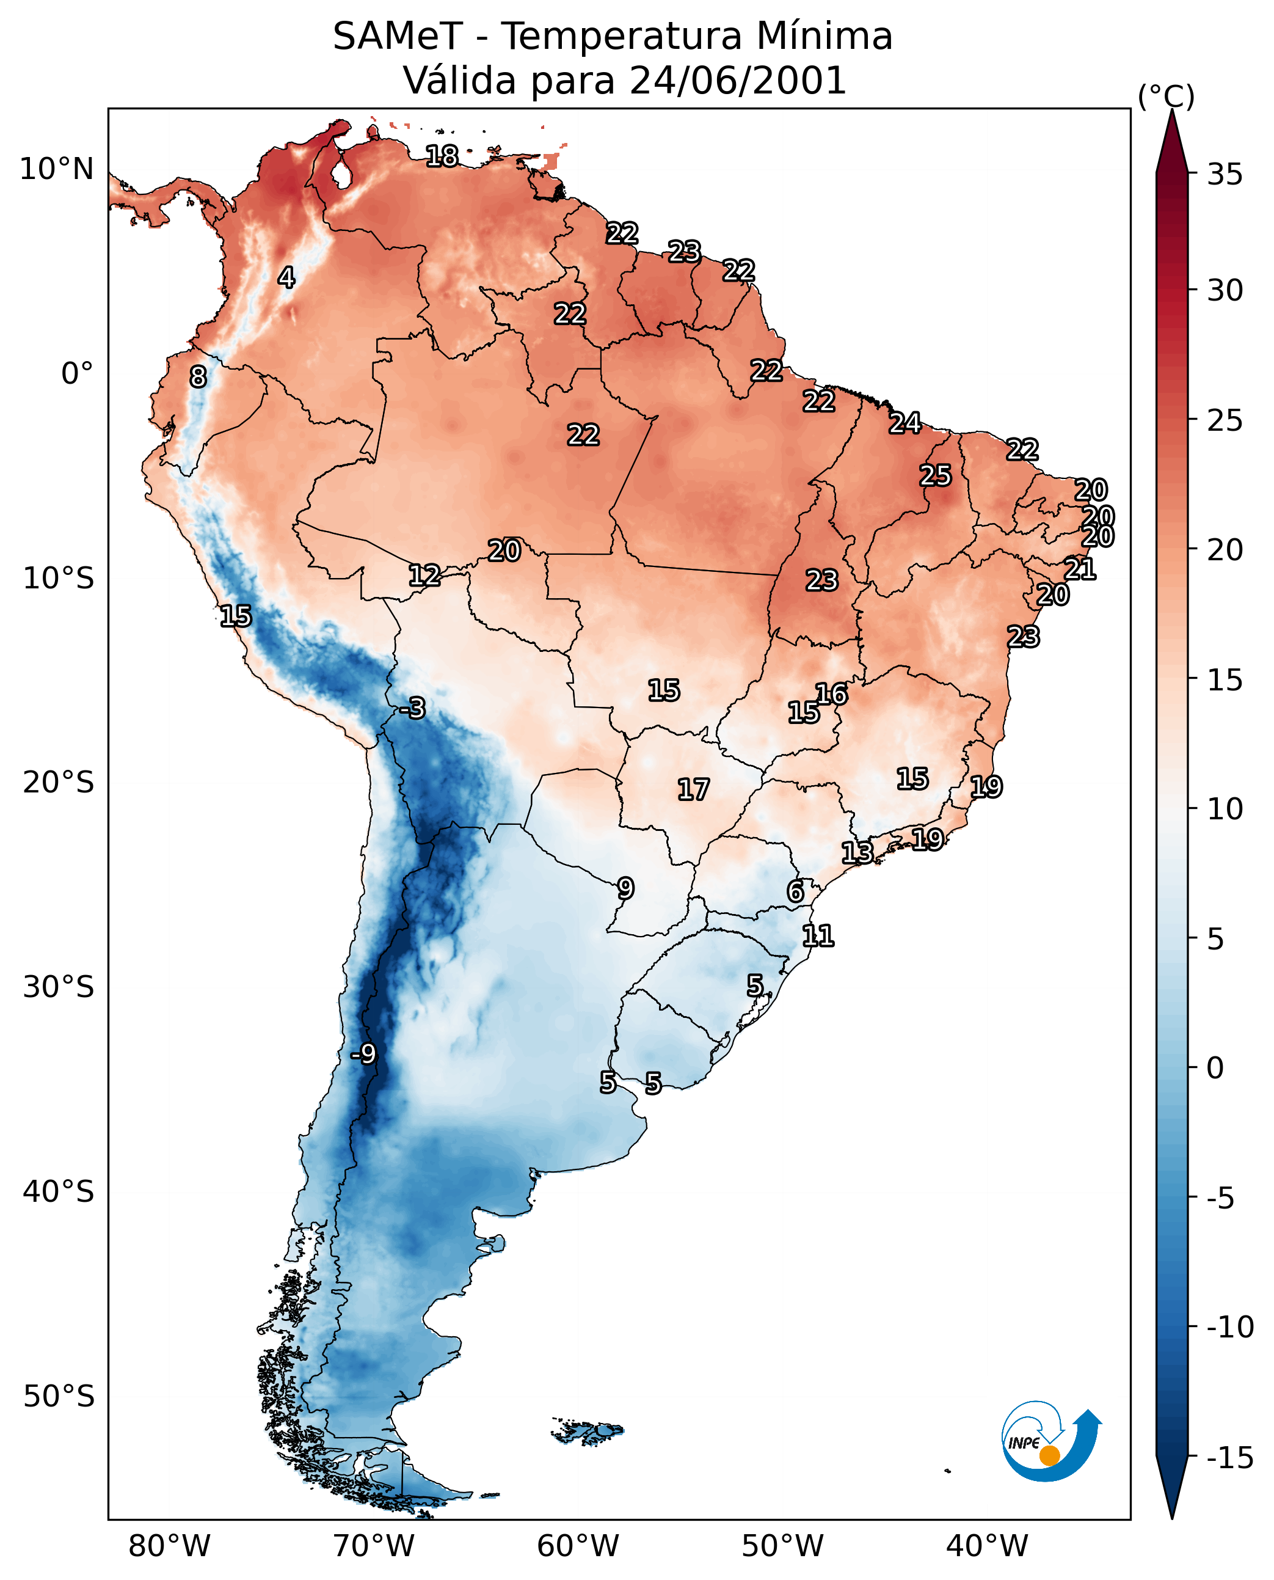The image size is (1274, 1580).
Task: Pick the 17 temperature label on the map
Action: click(x=693, y=789)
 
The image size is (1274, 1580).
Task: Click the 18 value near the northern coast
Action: click(x=442, y=156)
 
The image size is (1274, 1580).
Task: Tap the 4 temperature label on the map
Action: click(x=286, y=277)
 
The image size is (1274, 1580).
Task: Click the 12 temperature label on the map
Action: click(x=424, y=575)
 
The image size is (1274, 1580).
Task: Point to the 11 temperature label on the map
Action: click(x=818, y=935)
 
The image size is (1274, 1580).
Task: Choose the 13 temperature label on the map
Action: click(x=857, y=852)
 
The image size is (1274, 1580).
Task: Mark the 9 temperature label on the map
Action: click(x=625, y=888)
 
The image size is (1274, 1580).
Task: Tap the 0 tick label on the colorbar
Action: click(x=1215, y=1068)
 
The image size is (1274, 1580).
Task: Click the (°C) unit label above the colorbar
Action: click(x=1166, y=96)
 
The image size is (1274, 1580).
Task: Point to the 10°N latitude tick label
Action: click(x=57, y=170)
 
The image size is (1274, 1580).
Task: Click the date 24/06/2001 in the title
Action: click(x=738, y=80)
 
